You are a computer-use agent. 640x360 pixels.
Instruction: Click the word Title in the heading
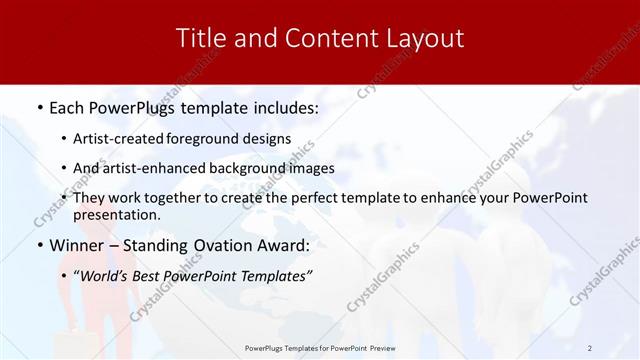(x=198, y=39)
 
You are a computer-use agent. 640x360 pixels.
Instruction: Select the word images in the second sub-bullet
(x=311, y=168)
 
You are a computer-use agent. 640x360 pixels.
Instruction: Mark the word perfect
(x=319, y=199)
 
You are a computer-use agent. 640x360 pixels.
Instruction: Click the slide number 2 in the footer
(x=590, y=348)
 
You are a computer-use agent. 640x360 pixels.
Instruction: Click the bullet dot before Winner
(x=39, y=245)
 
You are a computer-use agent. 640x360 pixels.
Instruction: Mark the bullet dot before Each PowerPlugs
(x=39, y=106)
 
